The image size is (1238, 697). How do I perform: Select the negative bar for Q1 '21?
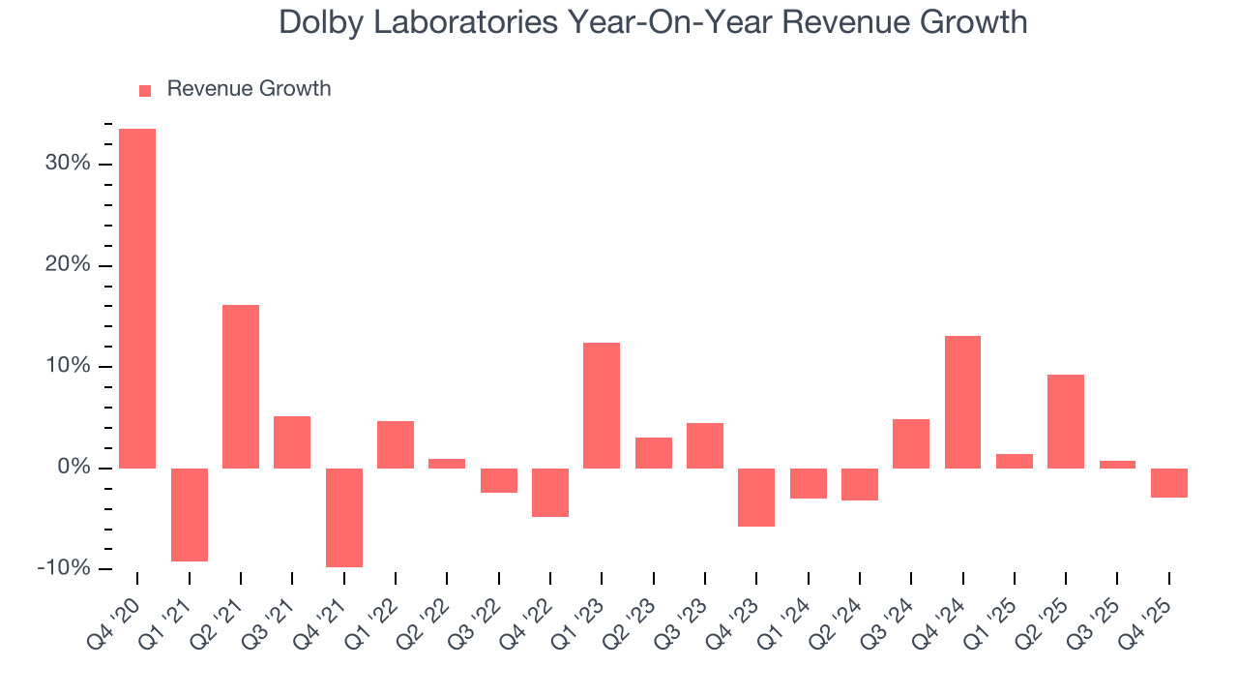click(x=190, y=514)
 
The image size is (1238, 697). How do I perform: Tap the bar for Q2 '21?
click(x=241, y=386)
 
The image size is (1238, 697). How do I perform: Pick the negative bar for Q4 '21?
click(x=344, y=517)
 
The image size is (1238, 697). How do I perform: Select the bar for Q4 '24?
click(x=962, y=402)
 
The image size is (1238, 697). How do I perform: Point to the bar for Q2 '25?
click(x=1066, y=421)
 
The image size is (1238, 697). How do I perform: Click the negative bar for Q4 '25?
click(x=1169, y=482)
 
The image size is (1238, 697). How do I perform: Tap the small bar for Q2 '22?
click(x=447, y=463)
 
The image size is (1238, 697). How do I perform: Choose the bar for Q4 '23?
click(x=756, y=497)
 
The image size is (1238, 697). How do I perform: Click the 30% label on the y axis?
click(x=68, y=164)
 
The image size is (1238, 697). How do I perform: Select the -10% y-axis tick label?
click(x=64, y=568)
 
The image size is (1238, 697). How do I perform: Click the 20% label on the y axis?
click(x=68, y=265)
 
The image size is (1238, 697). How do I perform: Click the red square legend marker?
click(x=145, y=90)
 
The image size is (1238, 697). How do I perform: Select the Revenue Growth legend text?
click(x=249, y=89)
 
